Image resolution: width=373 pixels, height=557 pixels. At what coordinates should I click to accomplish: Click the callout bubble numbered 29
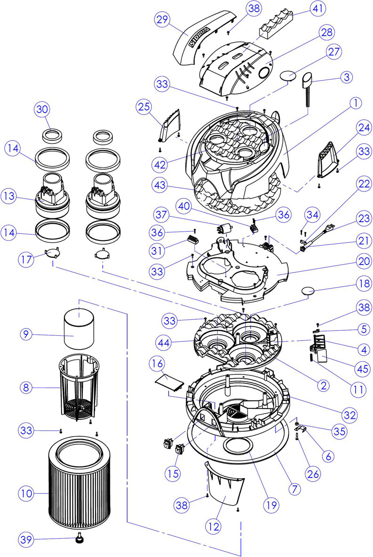pyautogui.click(x=162, y=19)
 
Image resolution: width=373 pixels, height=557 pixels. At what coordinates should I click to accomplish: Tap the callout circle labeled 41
pyautogui.click(x=318, y=8)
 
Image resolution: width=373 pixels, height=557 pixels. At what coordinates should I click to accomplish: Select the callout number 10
pyautogui.click(x=26, y=493)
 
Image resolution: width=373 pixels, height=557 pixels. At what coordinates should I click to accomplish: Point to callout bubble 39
pyautogui.click(x=26, y=540)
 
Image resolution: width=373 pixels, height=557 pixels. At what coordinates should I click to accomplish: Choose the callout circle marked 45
pyautogui.click(x=362, y=369)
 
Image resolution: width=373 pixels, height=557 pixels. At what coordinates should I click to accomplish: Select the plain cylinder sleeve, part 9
pyautogui.click(x=79, y=329)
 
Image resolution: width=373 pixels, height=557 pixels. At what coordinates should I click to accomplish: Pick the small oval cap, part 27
pyautogui.click(x=288, y=75)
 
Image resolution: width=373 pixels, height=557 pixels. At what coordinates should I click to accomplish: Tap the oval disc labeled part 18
pyautogui.click(x=308, y=291)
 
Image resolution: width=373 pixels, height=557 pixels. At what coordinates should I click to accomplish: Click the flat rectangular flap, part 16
pyautogui.click(x=170, y=382)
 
